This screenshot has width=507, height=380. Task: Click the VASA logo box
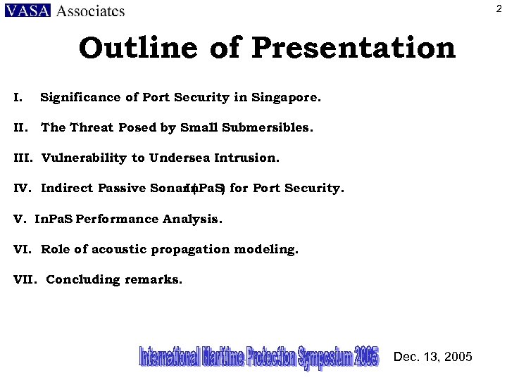click(x=27, y=11)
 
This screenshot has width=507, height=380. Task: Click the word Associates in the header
click(x=90, y=11)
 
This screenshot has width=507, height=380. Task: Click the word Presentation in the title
click(x=353, y=49)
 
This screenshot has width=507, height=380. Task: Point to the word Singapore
click(x=288, y=98)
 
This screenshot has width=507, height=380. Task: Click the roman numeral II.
click(x=20, y=128)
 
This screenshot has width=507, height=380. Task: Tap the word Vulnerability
click(x=84, y=158)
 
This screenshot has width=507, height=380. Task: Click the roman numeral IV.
click(x=21, y=189)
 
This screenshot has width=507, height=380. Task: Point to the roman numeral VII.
click(x=24, y=280)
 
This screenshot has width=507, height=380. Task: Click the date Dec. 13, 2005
click(x=433, y=357)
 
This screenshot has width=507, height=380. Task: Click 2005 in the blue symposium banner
click(x=366, y=356)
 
